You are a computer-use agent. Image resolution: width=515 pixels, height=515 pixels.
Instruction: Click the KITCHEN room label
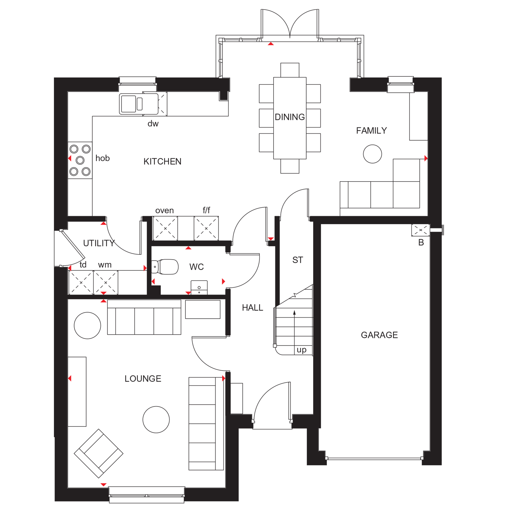(162, 161)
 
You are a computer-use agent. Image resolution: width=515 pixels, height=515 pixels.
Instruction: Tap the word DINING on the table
(290, 117)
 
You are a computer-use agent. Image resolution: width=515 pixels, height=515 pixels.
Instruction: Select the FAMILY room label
(371, 130)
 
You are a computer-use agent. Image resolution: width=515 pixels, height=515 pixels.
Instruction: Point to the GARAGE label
(379, 335)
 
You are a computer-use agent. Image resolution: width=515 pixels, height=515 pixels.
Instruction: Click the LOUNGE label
(143, 378)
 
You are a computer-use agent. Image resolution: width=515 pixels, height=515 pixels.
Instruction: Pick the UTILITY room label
(99, 243)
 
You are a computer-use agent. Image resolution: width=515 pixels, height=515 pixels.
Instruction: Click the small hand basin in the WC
(199, 288)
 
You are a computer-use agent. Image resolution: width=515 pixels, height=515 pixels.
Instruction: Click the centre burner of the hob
(80, 160)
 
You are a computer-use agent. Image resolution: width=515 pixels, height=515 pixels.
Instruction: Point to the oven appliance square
(165, 228)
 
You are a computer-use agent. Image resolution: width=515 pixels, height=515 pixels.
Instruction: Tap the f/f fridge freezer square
(206, 228)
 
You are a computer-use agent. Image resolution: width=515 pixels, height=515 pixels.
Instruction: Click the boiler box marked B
(421, 230)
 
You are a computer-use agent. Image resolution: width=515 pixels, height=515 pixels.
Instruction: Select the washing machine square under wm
(106, 283)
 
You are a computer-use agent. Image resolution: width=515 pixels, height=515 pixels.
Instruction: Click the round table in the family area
(373, 154)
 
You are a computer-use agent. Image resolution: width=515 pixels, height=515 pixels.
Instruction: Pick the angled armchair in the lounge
(99, 453)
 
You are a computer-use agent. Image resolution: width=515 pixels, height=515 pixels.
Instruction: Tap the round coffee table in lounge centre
(156, 420)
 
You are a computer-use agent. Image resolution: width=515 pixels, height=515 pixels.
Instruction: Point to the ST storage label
(298, 260)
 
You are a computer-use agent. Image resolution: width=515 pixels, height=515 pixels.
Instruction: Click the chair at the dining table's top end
(290, 70)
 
